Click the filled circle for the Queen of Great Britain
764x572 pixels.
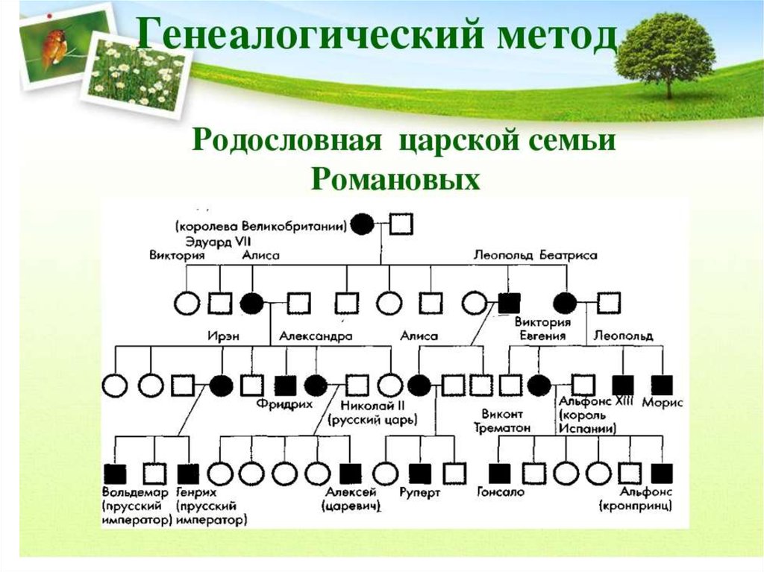tap(363, 223)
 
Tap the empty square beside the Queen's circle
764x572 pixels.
tap(402, 223)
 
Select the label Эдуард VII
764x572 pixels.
tap(211, 240)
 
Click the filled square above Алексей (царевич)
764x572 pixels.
tap(350, 473)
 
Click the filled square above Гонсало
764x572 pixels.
tap(499, 473)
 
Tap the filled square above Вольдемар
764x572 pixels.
tap(114, 473)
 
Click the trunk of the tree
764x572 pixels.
tap(668, 88)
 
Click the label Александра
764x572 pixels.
tap(316, 336)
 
